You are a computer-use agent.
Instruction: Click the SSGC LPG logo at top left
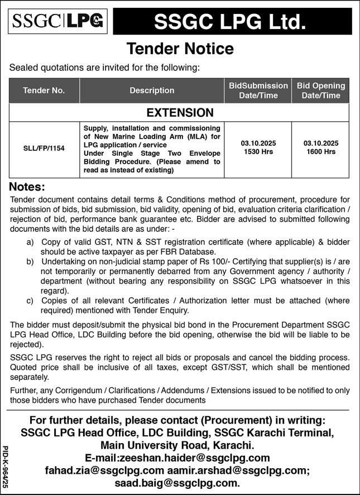tap(59, 22)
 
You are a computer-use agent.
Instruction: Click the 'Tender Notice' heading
tap(180, 49)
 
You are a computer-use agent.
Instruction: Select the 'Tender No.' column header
tap(44, 90)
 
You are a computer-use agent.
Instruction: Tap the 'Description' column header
tap(152, 90)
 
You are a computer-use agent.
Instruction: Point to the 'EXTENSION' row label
tap(180, 113)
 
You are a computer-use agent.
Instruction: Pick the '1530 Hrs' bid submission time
tap(258, 151)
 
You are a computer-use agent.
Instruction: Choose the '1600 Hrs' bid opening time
tap(321, 151)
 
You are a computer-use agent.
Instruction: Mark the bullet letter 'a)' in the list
tap(30, 242)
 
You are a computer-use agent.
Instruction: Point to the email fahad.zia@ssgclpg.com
tap(105, 470)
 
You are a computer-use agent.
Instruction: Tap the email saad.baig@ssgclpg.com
tap(176, 483)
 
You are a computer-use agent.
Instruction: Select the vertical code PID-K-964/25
tap(6, 468)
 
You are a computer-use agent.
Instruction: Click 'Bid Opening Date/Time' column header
tap(321, 90)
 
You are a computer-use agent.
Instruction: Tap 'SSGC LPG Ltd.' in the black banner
tap(230, 22)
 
